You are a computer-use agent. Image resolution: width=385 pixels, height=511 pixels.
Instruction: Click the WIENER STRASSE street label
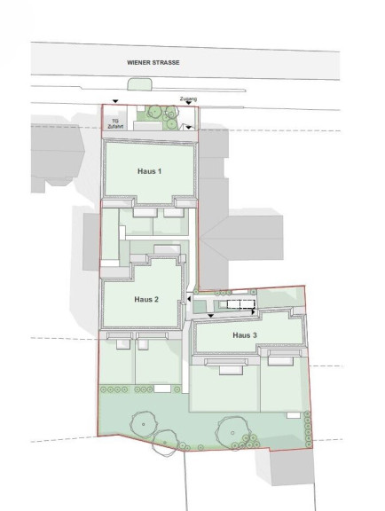(153, 63)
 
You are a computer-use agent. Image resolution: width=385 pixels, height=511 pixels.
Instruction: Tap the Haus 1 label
(150, 171)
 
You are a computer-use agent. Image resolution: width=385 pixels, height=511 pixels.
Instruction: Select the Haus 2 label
(146, 299)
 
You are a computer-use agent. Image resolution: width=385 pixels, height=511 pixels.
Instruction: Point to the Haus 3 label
(245, 335)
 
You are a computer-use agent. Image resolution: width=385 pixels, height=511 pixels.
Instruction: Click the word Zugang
(188, 98)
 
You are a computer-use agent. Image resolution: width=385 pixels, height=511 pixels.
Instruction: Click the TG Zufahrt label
(115, 124)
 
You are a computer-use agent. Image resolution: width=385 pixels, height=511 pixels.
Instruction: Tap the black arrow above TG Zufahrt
(115, 102)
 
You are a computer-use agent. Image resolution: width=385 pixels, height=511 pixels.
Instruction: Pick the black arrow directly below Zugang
(188, 103)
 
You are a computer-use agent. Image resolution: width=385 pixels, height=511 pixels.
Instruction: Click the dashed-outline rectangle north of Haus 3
(240, 304)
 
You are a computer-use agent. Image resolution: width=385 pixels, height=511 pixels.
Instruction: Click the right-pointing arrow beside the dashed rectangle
(254, 312)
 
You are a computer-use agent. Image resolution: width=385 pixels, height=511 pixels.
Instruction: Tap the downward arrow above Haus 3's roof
(210, 316)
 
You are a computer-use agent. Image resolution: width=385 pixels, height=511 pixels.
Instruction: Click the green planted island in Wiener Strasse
(139, 83)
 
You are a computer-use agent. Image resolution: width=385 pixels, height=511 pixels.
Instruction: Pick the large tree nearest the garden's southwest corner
(143, 424)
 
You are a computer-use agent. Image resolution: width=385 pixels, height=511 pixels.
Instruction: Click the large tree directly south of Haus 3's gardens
(232, 433)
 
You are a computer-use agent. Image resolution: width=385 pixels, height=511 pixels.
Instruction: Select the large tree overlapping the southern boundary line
(166, 443)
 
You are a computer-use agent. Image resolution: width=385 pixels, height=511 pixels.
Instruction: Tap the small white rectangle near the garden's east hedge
(294, 415)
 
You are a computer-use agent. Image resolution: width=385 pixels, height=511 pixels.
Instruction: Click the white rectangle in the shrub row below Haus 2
(162, 389)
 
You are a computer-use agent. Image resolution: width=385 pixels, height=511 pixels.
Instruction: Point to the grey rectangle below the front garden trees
(147, 126)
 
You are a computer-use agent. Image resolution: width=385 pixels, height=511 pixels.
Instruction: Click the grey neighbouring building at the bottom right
(292, 468)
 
